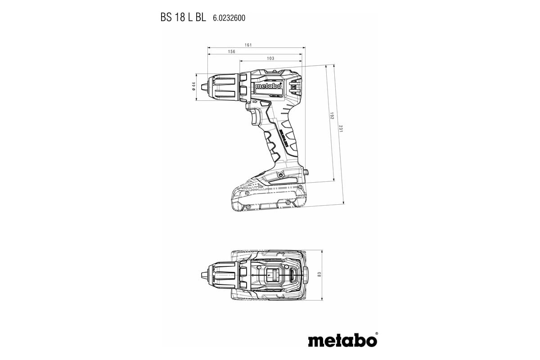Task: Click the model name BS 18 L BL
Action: [x=183, y=18]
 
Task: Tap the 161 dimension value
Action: [x=248, y=45]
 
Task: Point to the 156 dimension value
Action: [x=231, y=52]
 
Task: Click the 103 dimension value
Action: [x=270, y=58]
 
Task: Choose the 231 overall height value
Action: [x=341, y=128]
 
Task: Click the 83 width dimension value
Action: [x=319, y=274]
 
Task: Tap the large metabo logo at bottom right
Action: [x=342, y=340]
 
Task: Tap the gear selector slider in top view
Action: [x=271, y=274]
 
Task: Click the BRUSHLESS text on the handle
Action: [x=284, y=139]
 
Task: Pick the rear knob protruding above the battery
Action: [x=306, y=172]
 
